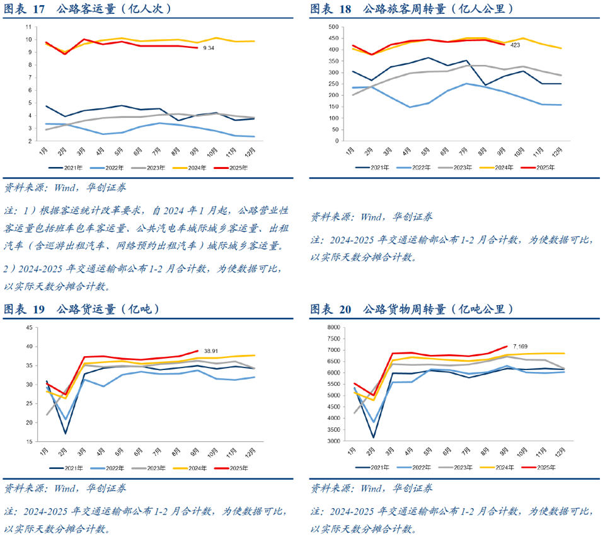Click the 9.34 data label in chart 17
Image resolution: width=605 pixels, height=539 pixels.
tap(209, 48)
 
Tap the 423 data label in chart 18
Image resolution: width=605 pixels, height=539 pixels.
tap(515, 45)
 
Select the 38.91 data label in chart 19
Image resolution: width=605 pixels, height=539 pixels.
tap(210, 351)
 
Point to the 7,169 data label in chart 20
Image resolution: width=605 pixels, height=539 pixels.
tap(521, 346)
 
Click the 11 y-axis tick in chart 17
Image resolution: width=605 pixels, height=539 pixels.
tap(28, 27)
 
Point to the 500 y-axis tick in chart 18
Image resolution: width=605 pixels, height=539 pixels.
tap(334, 27)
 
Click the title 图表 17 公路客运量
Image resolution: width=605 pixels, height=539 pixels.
tap(88, 9)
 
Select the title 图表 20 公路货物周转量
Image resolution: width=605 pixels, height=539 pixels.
tap(412, 310)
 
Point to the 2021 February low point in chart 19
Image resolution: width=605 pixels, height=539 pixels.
tap(65, 433)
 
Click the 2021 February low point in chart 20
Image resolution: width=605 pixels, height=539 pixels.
tap(373, 437)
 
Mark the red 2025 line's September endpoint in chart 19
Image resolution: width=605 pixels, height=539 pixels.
tap(197, 351)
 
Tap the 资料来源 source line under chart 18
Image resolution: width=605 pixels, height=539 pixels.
tap(372, 217)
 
